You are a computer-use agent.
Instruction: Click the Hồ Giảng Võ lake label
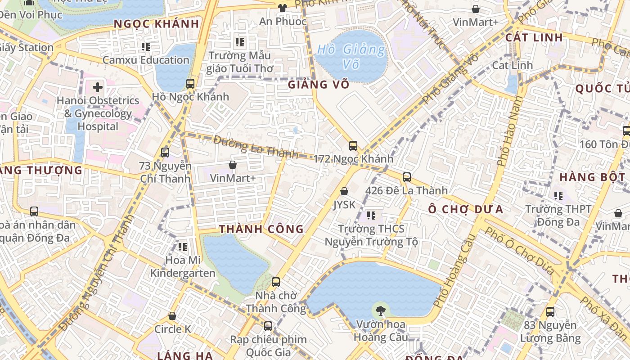[351, 56]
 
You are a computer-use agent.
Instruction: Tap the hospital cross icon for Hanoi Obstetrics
[98, 87]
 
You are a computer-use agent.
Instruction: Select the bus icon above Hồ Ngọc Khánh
[190, 83]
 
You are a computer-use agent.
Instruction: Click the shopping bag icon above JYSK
[344, 191]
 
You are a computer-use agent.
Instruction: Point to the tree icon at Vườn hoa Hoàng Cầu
[381, 310]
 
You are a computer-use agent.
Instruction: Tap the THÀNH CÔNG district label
[261, 229]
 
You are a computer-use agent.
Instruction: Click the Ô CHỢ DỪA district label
[465, 209]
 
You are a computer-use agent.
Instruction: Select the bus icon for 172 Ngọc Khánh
[353, 145]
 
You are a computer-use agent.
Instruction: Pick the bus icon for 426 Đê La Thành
[407, 177]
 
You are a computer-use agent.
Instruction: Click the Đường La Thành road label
[256, 147]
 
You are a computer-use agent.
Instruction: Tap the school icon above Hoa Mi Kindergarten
[183, 247]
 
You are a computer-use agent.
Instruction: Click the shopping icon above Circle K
[172, 316]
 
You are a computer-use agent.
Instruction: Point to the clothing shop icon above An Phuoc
[283, 8]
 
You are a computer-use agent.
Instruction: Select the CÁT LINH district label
[534, 37]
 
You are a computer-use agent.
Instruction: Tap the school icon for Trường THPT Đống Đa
[558, 195]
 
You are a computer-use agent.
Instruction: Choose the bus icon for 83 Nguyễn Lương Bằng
[550, 311]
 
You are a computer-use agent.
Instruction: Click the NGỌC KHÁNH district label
[156, 24]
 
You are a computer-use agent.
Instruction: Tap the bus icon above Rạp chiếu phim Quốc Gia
[268, 326]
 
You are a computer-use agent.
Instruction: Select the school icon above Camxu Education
[146, 46]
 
